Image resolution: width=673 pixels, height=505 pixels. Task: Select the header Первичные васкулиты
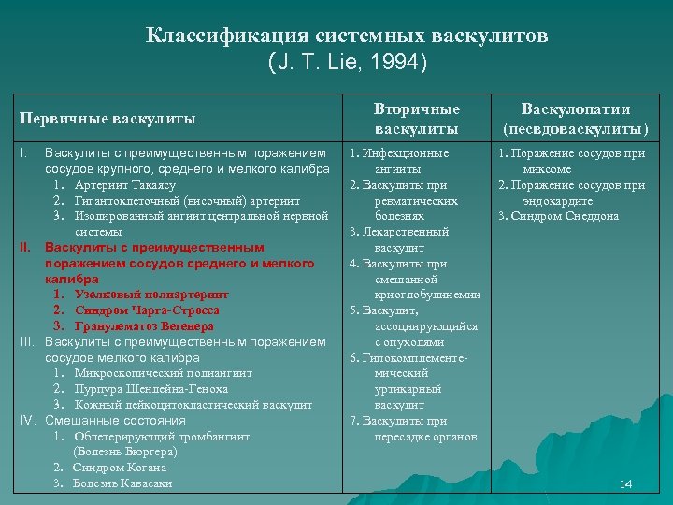(107, 119)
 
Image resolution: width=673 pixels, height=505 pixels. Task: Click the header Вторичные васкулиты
(417, 118)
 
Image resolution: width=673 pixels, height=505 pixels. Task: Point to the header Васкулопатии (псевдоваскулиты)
(576, 118)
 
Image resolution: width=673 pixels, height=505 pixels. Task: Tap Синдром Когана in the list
(120, 468)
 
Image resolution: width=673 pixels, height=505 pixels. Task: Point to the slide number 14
(626, 483)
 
